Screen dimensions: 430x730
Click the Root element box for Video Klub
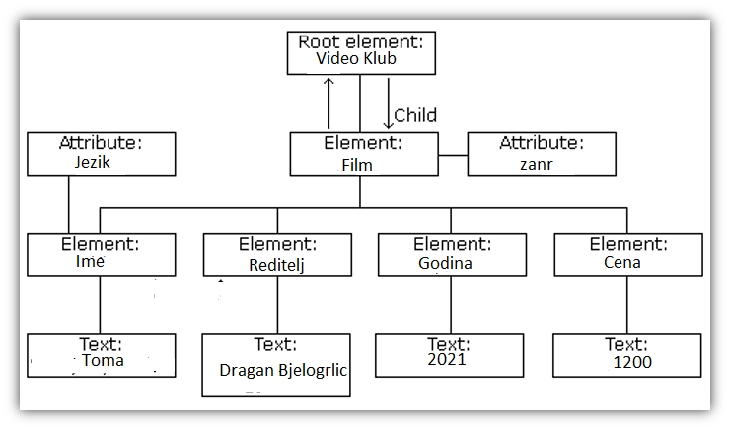pos(361,52)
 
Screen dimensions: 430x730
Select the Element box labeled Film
pos(363,155)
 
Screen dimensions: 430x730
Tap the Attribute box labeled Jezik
pos(102,155)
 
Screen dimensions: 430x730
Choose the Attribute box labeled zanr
pos(542,155)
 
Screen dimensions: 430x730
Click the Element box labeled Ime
pos(102,253)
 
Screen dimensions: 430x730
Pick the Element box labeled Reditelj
pos(277,254)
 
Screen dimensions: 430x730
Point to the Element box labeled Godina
pos(451,253)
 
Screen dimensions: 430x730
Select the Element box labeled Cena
pos(627,253)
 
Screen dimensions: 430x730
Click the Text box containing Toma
pos(102,355)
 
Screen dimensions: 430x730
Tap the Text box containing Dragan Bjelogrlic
pos(277,365)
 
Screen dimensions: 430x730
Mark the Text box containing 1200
pos(627,355)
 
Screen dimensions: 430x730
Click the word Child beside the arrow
pos(415,115)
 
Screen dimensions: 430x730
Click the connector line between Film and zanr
pos(453,155)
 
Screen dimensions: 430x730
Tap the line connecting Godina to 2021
pos(451,305)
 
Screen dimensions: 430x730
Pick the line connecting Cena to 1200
pos(627,305)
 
